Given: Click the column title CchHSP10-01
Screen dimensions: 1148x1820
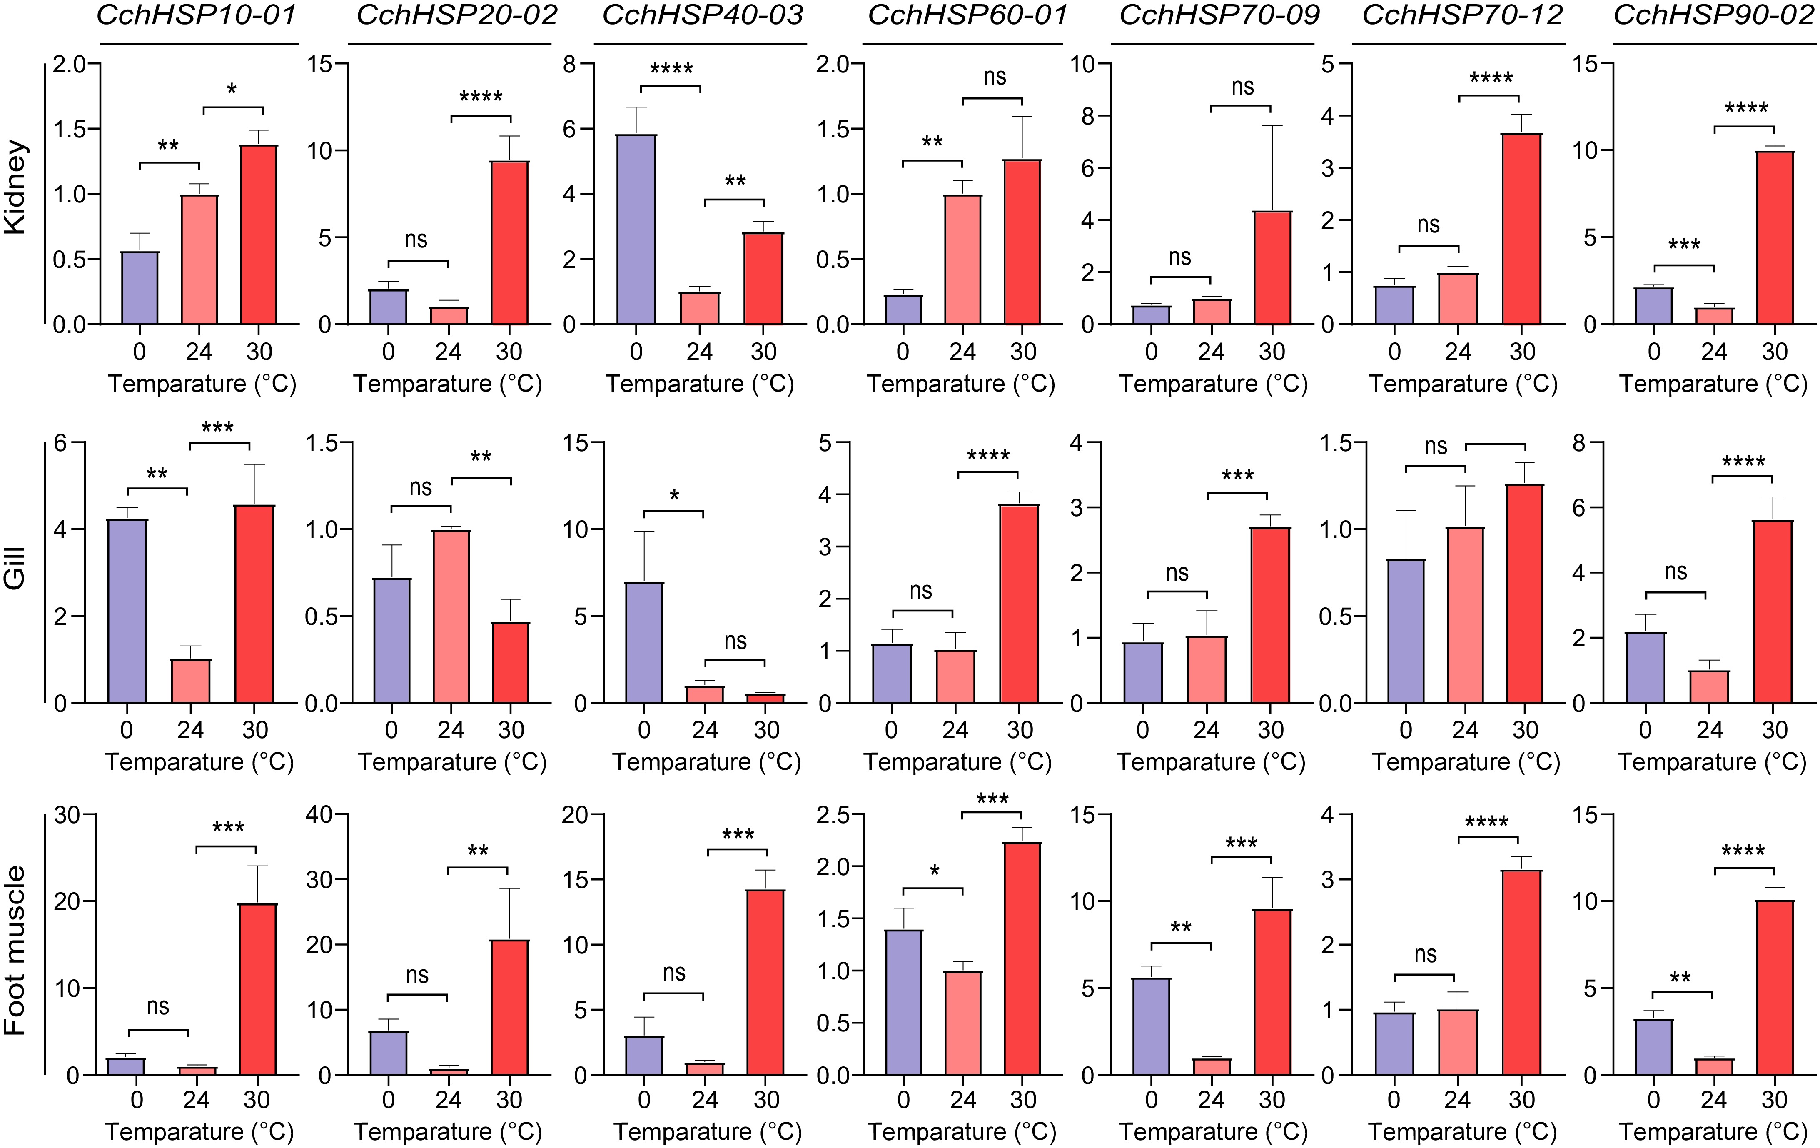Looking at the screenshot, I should [x=197, y=15].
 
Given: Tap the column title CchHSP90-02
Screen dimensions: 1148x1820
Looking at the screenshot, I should [x=1713, y=15].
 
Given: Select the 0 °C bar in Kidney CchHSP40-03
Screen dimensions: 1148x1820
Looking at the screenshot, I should [x=636, y=230].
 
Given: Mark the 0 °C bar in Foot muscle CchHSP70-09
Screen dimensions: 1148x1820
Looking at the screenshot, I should [x=1151, y=1026].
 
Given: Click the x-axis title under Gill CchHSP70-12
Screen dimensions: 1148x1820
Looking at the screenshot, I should [x=1466, y=762].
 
